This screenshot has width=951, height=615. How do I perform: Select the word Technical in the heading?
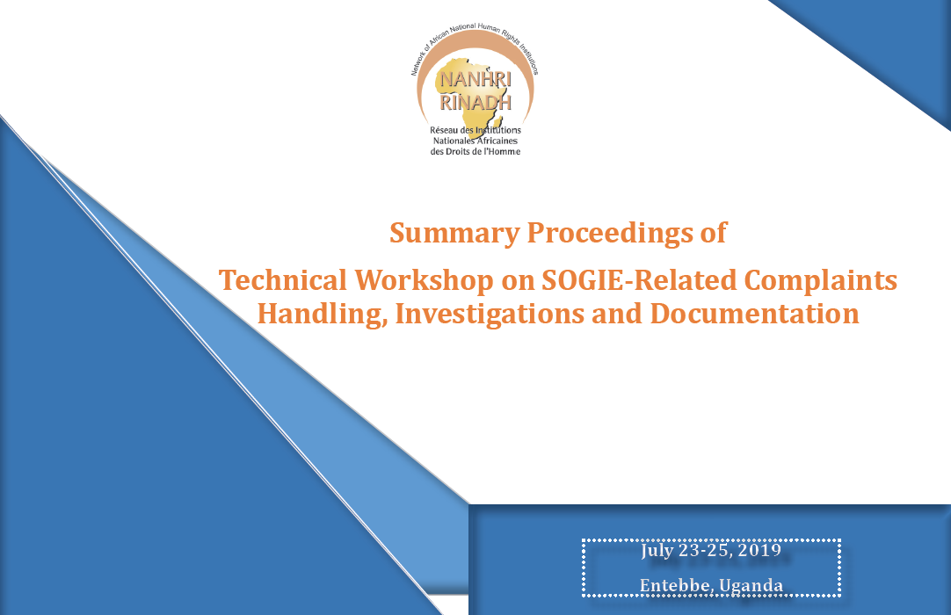(283, 280)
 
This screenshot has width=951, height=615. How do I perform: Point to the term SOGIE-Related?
(639, 280)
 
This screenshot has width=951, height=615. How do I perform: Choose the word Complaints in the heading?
(821, 281)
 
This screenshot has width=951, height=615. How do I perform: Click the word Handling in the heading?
(322, 315)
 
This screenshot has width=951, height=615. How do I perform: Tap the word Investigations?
(489, 315)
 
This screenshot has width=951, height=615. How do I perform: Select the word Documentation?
(754, 314)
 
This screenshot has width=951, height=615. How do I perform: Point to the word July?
(657, 551)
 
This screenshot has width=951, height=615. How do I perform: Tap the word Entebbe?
(676, 585)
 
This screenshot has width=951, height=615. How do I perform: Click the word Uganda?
(751, 586)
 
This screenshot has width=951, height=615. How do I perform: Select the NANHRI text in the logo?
(475, 79)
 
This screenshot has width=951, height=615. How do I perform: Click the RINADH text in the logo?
(475, 103)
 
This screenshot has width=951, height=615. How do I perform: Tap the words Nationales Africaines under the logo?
(475, 141)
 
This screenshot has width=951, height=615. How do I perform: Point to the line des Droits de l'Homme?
(475, 152)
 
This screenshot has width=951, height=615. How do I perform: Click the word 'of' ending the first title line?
(714, 233)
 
